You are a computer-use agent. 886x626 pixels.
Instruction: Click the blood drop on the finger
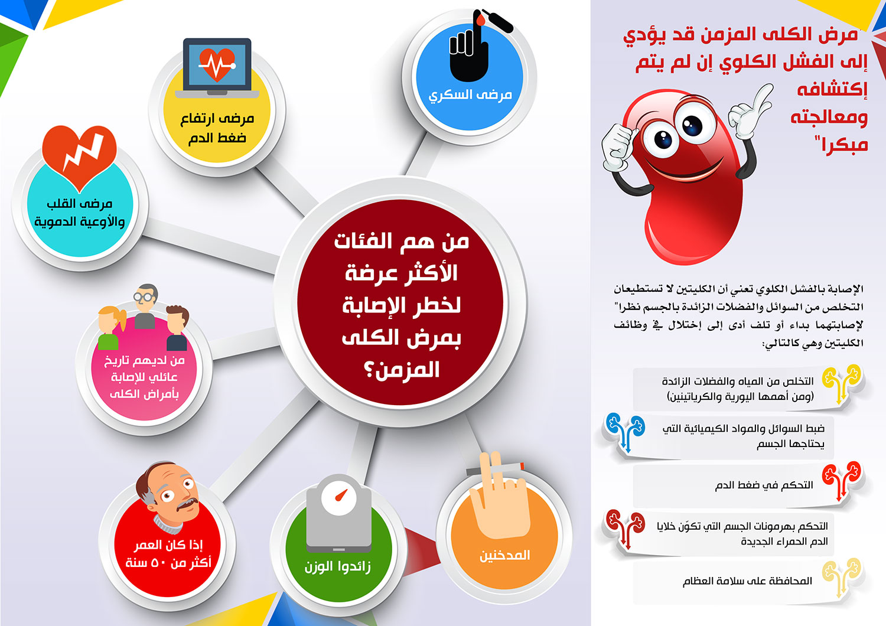[x=480, y=19]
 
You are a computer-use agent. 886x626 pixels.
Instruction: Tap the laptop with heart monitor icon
[x=217, y=68]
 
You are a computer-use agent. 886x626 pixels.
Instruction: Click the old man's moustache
[x=186, y=504]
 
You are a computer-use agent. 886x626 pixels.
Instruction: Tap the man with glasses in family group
[x=145, y=306]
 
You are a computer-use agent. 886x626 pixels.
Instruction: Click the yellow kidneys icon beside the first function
[x=842, y=384]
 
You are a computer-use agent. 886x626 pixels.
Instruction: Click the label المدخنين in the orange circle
[x=504, y=555]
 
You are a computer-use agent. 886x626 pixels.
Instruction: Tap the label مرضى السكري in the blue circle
[x=470, y=95]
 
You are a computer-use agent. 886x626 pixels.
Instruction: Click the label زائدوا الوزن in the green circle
[x=337, y=567]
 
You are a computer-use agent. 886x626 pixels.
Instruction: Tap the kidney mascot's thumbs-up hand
[x=618, y=147]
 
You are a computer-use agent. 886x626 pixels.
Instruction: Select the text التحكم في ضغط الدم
[x=764, y=485]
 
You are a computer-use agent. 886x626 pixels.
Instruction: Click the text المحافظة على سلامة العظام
[x=747, y=581]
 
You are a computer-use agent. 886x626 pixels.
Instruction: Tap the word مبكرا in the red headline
[x=842, y=144]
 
